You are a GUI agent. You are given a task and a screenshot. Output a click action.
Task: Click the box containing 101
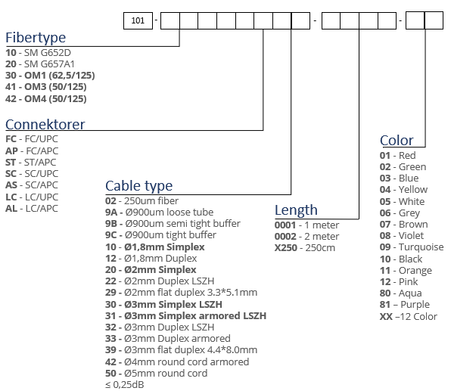tap(138, 20)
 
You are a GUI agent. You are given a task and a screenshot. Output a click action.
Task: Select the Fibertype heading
tap(36, 38)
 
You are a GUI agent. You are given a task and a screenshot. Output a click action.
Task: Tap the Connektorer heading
tap(45, 125)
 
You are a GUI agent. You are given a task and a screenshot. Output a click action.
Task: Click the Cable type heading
tap(139, 186)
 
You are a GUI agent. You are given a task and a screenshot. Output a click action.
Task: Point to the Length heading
tap(296, 210)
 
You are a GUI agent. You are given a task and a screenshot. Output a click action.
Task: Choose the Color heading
tap(397, 141)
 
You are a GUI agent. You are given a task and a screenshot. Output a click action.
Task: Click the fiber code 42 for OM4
tap(11, 98)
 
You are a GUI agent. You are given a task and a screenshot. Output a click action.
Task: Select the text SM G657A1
tap(49, 64)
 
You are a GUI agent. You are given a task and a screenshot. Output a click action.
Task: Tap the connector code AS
tap(11, 185)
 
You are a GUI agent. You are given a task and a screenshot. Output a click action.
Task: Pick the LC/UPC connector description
tap(42, 197)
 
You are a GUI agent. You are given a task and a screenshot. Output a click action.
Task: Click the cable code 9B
tap(111, 223)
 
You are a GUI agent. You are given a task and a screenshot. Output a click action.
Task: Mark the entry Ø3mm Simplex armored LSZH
tap(195, 315)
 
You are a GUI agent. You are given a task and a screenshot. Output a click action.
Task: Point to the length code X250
tap(286, 247)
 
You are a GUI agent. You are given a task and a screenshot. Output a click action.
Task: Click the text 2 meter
tap(322, 236)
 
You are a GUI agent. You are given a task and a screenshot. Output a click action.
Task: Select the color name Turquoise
tap(421, 247)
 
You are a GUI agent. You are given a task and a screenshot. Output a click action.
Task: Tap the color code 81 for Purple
tap(385, 304)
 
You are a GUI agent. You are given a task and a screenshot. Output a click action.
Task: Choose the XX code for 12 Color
tap(386, 316)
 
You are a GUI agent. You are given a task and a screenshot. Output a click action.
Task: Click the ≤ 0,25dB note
tap(125, 384)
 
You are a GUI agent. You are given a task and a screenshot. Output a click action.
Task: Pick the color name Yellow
tap(413, 190)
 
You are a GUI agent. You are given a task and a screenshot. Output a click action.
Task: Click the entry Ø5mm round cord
tap(166, 373)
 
